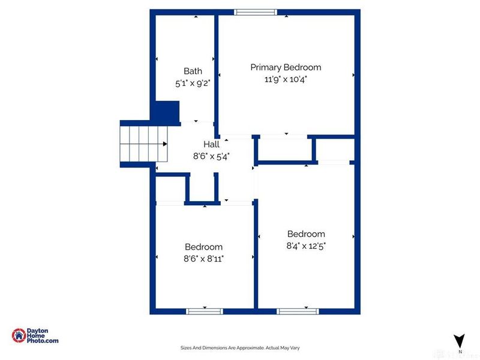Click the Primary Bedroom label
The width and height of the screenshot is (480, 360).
coord(286,67)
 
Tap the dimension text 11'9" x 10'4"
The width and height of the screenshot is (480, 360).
coord(286,79)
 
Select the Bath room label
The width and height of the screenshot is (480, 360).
coord(193,71)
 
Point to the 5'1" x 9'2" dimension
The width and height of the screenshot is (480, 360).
coord(193,83)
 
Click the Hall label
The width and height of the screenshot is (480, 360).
coord(211,144)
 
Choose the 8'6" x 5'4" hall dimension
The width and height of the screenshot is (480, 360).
coord(211,155)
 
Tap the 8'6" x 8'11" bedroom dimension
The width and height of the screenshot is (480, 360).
coord(203,258)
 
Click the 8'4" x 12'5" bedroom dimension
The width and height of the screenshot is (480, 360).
coord(306,245)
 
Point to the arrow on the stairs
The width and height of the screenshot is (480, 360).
coord(164,143)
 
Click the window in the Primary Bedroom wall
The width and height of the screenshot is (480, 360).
coord(256,11)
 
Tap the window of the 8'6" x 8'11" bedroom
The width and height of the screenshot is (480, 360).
coord(205,311)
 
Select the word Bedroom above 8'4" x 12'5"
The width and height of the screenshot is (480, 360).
coord(306,234)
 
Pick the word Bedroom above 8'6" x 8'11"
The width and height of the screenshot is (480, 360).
coord(203,247)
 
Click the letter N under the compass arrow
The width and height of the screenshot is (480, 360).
coord(460,351)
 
